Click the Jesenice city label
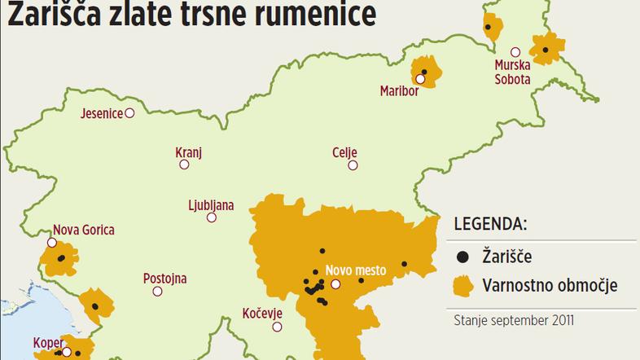pos(101,114)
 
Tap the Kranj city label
pos(188,151)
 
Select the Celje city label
pos(344,152)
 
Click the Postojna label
pos(164,279)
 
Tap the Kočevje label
pos(262,313)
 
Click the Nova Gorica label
pos(83,230)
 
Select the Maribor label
pos(399,90)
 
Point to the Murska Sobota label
pos(512,72)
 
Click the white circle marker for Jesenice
pos(129,114)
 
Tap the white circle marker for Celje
pos(353,165)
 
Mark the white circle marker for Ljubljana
pos(212,217)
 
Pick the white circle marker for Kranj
pos(184,165)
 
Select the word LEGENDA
pos(489,223)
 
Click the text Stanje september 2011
pos(514,320)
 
